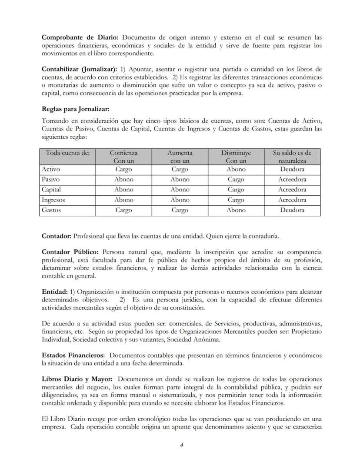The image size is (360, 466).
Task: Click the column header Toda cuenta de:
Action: [x=68, y=153]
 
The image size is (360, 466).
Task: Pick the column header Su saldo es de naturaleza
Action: [x=292, y=157]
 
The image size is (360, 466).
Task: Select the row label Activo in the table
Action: [x=51, y=169]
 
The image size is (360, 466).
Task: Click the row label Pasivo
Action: [x=51, y=179]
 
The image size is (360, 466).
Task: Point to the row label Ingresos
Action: [x=53, y=200]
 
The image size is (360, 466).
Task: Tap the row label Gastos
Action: [x=51, y=210]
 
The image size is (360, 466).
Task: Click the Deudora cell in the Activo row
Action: [x=292, y=169]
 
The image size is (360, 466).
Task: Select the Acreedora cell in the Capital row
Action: [x=292, y=190]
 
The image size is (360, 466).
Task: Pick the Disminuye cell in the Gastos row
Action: [x=236, y=210]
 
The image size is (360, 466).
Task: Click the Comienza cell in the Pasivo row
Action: [x=123, y=179]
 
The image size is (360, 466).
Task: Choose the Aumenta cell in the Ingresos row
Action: [x=180, y=200]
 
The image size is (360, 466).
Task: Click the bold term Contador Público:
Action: [x=70, y=252]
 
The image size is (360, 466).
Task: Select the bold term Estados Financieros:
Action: [x=72, y=355]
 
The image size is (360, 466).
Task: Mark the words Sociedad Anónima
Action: [x=195, y=339]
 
